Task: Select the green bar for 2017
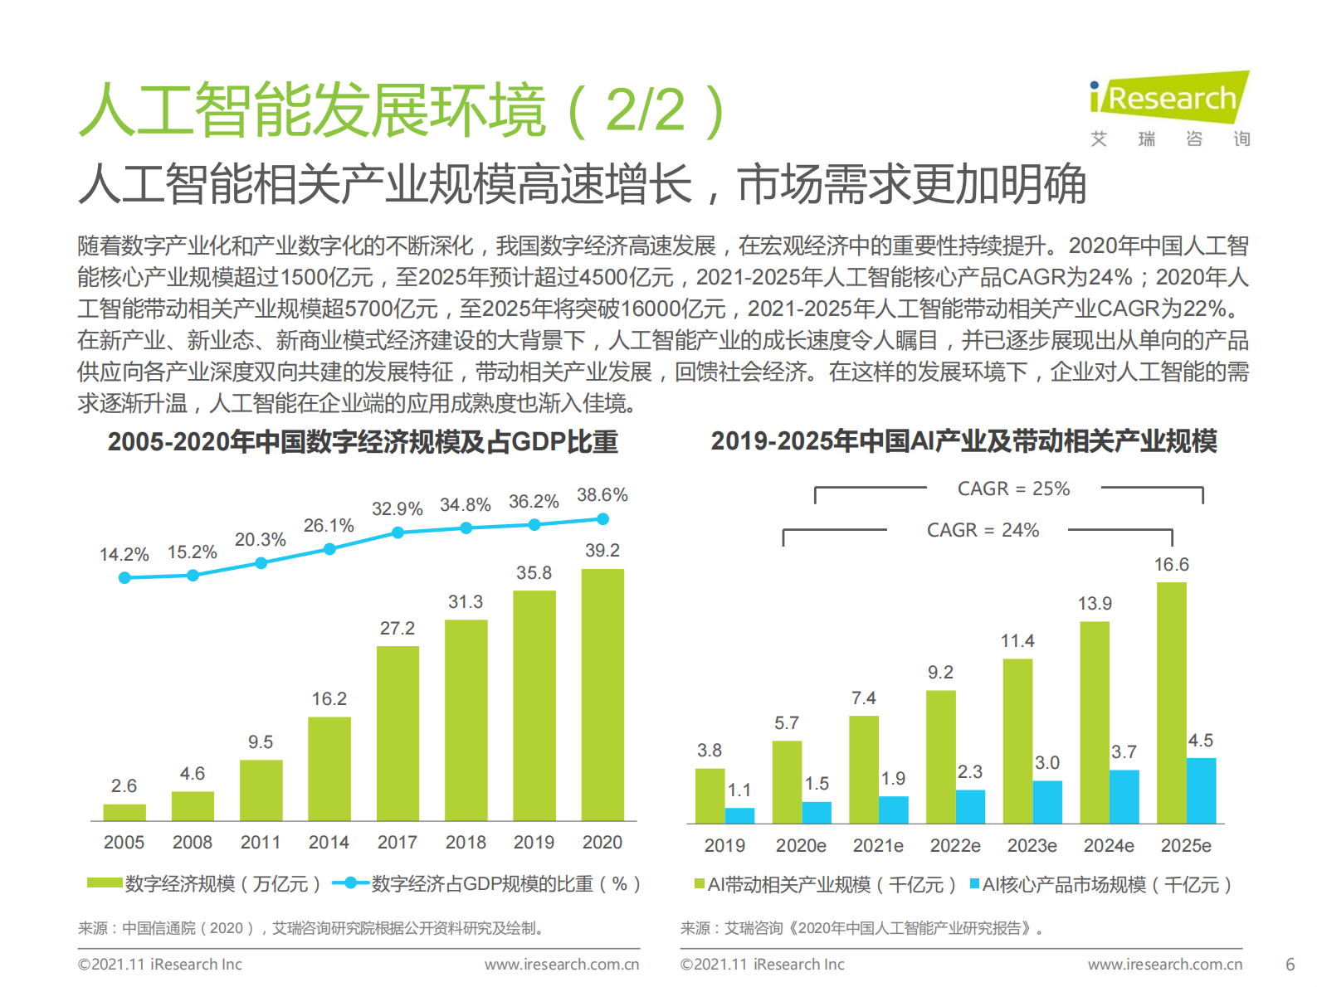398,733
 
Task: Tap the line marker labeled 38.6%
603,519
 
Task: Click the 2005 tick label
124,843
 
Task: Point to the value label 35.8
534,573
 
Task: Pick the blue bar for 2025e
1201,790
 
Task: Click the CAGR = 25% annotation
1013,489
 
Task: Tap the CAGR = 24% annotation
983,530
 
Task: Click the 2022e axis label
955,846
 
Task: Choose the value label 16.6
1171,565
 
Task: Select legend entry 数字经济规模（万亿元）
204,884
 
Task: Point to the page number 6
1290,965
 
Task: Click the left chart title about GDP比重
363,442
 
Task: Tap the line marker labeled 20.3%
261,563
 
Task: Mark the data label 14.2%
124,555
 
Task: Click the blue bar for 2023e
1047,801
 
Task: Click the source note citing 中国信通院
311,928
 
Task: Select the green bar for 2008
193,806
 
